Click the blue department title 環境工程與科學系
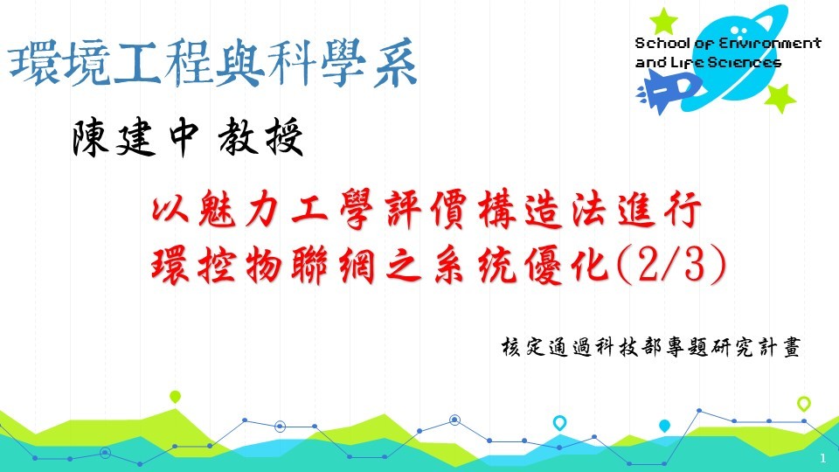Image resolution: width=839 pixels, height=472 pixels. (213, 64)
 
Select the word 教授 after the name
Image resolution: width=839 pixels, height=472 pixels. (260, 137)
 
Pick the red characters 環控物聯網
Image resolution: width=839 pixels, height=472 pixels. (263, 265)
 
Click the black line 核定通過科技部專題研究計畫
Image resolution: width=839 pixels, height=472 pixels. (651, 347)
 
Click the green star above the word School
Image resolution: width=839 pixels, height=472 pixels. (663, 21)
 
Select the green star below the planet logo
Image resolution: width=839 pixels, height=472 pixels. (780, 98)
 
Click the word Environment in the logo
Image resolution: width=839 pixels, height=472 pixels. (769, 44)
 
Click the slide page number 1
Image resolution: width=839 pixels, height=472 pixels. (823, 459)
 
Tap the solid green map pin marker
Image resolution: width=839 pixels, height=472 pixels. (175, 397)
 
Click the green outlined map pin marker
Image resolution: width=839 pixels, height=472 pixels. (804, 404)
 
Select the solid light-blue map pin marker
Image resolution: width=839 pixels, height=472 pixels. (664, 426)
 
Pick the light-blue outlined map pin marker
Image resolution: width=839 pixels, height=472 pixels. (559, 423)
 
